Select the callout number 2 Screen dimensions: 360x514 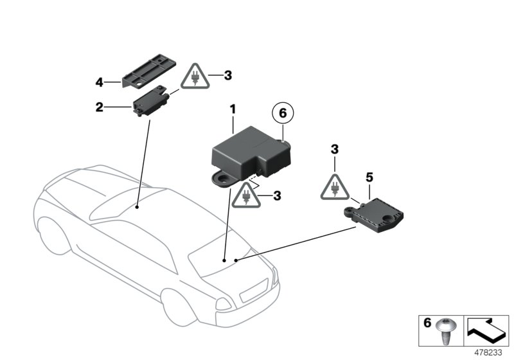(100, 107)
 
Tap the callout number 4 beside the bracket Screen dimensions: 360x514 (100, 82)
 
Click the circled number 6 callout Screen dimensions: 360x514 (281, 114)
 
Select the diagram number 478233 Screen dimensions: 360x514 (489, 352)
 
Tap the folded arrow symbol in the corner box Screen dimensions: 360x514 (486, 330)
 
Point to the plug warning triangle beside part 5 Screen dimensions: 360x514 (334, 186)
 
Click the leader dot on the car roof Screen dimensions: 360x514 (138, 207)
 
